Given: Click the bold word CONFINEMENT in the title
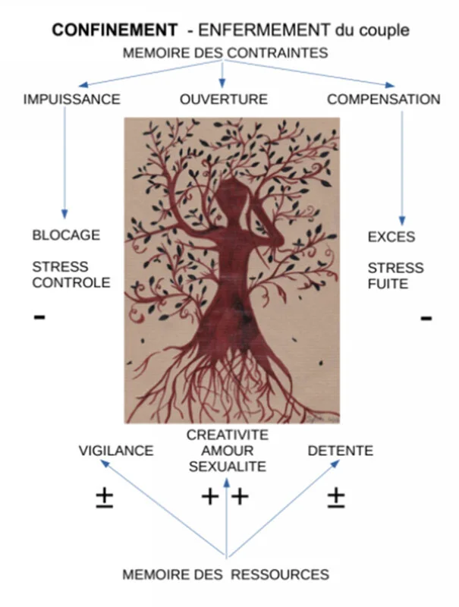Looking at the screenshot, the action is pos(114,30).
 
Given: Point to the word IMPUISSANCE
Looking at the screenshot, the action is pos(72,99).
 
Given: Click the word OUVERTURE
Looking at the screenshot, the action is pos(223,99).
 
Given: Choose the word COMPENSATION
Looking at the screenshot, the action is pos(383,99).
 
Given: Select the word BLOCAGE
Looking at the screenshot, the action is pos(66,235).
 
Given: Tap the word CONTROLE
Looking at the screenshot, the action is pos(71,283).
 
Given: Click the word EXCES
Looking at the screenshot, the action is pos(391,237).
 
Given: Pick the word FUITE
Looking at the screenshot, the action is pos(388,285).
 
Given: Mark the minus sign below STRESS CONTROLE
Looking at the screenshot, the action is pos(39,317).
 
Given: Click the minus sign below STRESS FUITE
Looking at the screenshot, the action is pos(426,317).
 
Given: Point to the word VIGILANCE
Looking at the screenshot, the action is pos(116,451).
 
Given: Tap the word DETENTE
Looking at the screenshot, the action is pos(341,451).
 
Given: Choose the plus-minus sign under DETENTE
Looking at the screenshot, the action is pos(336,497).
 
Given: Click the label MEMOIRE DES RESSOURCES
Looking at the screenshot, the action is pos(226,574).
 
